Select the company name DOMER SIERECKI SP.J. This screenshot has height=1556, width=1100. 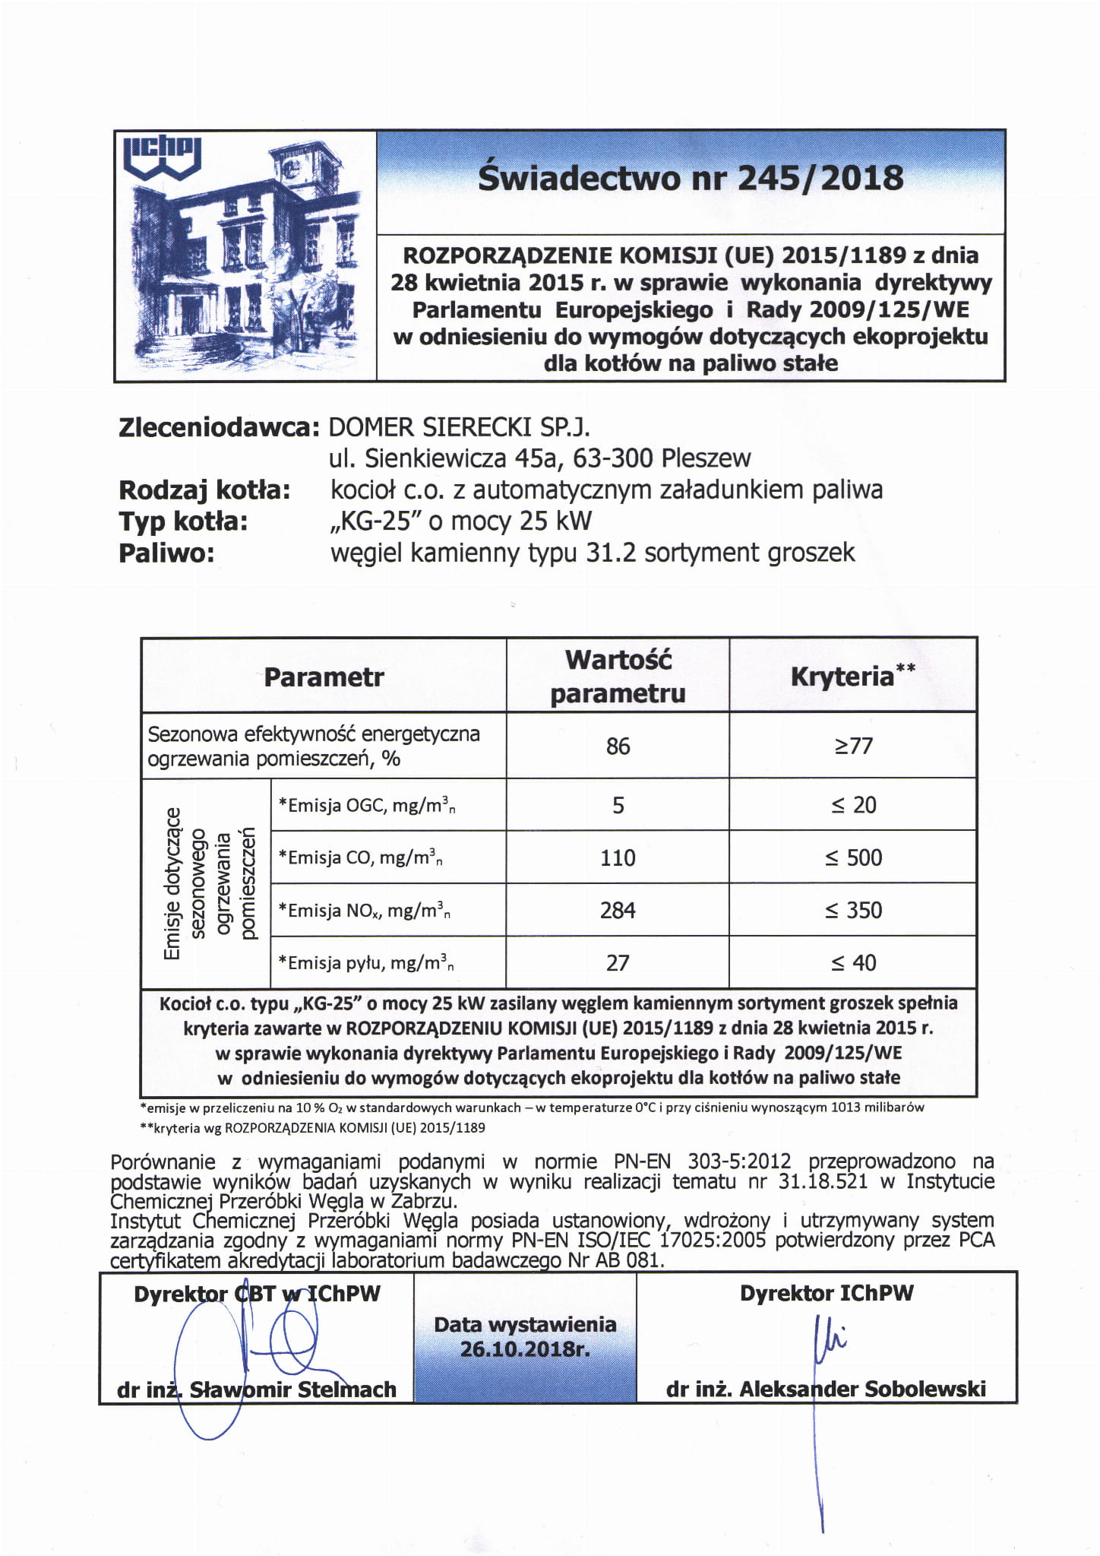[458, 427]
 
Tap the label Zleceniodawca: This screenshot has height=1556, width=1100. [217, 427]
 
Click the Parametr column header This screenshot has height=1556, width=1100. [324, 677]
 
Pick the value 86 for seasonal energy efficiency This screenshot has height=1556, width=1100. [618, 746]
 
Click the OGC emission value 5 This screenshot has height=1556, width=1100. [618, 805]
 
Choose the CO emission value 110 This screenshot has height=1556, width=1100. [618, 857]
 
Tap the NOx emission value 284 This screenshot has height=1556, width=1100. [618, 910]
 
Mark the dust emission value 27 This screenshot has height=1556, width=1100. [618, 963]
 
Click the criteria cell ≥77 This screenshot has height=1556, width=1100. [853, 746]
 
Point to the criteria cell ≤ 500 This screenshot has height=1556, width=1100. [853, 857]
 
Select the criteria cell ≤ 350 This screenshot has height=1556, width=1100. [853, 910]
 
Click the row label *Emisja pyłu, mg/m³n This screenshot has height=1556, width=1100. [366, 964]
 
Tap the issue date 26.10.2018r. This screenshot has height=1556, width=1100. [525, 1350]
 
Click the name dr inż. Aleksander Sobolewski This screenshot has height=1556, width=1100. [826, 1390]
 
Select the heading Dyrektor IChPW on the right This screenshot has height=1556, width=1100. [827, 1293]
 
